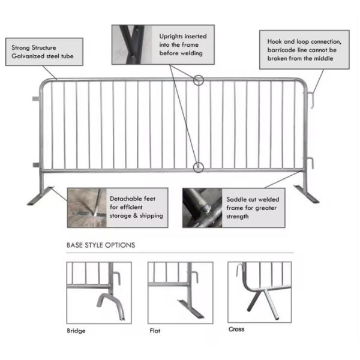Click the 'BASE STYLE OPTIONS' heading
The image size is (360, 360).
(100, 245)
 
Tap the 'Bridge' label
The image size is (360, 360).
(76, 331)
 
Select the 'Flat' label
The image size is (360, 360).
(155, 331)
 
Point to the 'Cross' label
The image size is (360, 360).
(236, 329)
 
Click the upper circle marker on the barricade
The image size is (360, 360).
(199, 79)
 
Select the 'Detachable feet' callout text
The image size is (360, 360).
(136, 207)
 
